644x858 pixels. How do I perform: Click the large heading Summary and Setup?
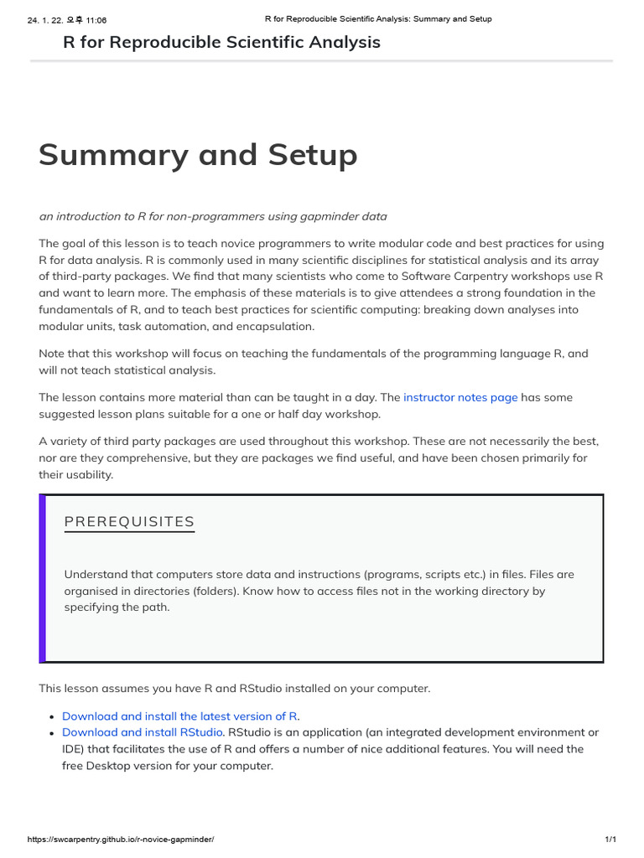(x=198, y=156)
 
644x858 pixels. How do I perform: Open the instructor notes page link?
(x=460, y=397)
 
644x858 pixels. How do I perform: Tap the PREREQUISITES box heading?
(x=129, y=522)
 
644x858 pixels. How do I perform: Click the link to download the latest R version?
(x=180, y=716)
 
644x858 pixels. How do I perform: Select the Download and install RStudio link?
(x=143, y=732)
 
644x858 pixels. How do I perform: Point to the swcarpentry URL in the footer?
(x=121, y=839)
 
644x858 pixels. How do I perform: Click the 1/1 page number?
(x=610, y=839)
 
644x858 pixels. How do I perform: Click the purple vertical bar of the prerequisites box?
(x=42, y=578)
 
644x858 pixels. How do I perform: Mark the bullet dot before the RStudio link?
(x=52, y=733)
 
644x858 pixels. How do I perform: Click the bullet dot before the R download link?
(x=52, y=717)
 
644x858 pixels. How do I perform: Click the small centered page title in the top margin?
(x=378, y=19)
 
